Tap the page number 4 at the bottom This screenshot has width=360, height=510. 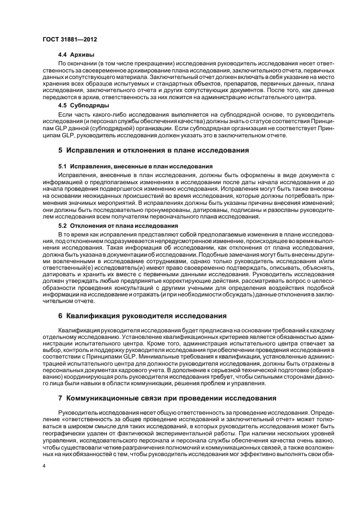pyautogui.click(x=44, y=466)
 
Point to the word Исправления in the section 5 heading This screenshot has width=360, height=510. pyautogui.click(x=93, y=149)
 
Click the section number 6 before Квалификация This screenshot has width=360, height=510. pyautogui.click(x=60, y=315)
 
